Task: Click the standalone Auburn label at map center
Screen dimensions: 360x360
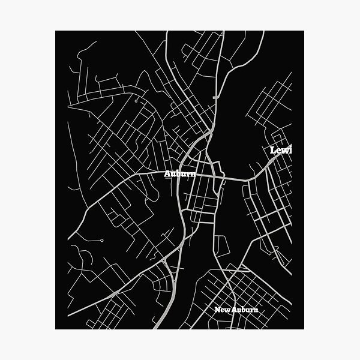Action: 180,174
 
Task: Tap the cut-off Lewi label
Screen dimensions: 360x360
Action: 281,150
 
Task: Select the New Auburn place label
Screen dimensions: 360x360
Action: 236,310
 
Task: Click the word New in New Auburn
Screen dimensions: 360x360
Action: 223,310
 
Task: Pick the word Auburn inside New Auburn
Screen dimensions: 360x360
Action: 244,310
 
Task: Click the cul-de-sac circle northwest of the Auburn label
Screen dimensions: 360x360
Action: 137,102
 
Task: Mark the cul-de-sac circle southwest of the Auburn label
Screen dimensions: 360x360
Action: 101,241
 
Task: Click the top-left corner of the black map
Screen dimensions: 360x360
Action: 56,31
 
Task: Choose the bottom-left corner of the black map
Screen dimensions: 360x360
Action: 56,329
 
